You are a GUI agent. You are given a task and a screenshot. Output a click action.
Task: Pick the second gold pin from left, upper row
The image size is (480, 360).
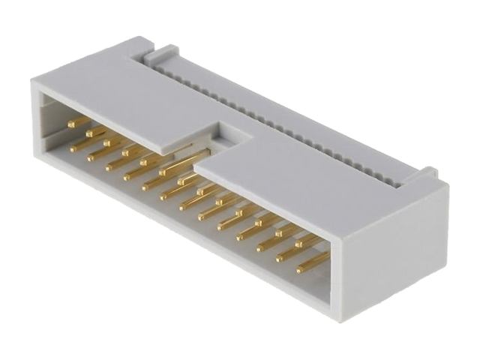(x=96, y=131)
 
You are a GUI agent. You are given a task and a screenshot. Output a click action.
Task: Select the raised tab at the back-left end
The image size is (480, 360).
(x=161, y=53)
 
